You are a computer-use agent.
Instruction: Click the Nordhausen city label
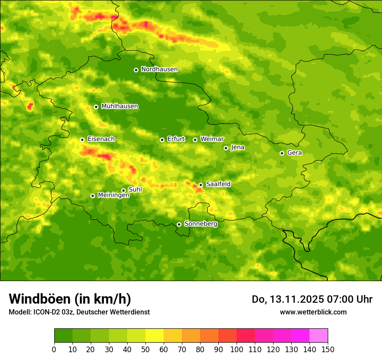pos(159,69)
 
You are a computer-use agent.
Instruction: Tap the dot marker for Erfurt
pos(162,140)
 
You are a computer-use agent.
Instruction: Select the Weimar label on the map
pos(212,139)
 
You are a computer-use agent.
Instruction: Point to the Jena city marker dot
pos(226,148)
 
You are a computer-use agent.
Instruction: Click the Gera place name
pos(294,153)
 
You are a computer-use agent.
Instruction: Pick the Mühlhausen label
pos(119,106)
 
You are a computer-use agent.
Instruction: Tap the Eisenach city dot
pos(82,140)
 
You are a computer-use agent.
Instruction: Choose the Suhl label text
pos(135,190)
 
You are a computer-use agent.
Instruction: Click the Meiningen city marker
pos(92,196)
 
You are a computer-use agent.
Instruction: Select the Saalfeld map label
pos(218,184)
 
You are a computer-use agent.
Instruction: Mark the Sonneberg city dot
pos(179,224)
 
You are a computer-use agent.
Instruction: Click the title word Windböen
pos(39,299)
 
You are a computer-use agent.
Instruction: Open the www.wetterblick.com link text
pos(313,312)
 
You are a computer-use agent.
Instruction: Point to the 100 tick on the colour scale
pos(237,349)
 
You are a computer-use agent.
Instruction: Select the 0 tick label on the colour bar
pos(54,349)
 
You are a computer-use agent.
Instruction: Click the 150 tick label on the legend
pos(328,349)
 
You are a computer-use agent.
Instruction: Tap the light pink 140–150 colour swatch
pos(319,336)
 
